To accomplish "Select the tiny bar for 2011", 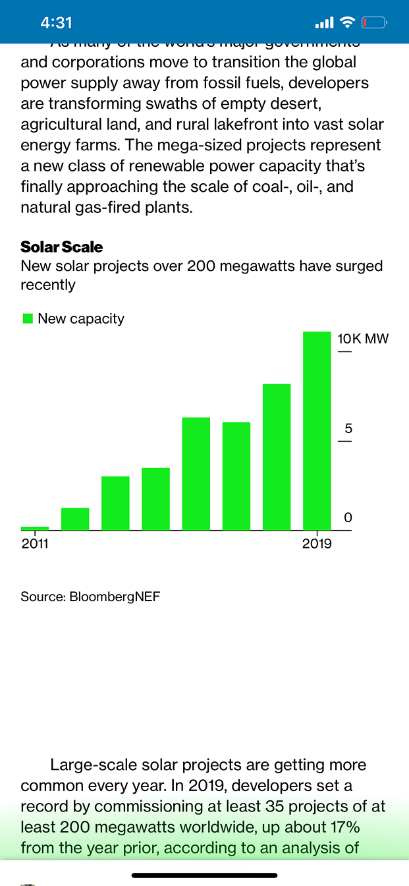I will point(35,528).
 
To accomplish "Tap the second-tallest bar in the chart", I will point(277,457).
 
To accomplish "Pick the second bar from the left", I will point(75,519).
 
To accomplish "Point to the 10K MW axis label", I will point(363,340).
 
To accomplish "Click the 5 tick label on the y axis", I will point(348,429).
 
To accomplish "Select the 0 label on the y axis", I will point(348,518).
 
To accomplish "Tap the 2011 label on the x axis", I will point(35,545).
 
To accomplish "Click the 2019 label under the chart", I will point(317,545).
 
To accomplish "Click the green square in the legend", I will point(28,318).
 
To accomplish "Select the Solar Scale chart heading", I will point(62,247).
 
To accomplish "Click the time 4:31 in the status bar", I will point(56,22).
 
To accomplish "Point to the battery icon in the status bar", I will point(374,23).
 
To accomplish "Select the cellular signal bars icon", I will point(324,23).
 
